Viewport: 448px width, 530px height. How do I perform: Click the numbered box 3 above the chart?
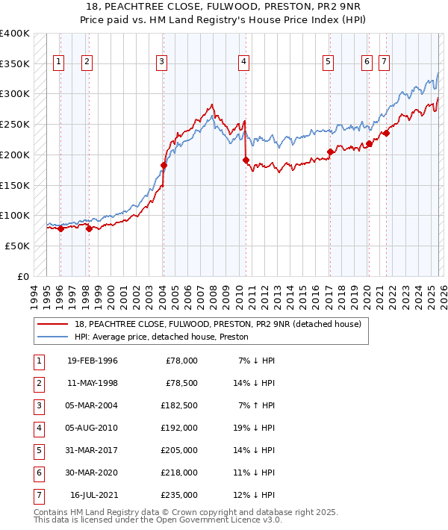[162, 62]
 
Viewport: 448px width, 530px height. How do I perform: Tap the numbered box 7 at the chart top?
[383, 62]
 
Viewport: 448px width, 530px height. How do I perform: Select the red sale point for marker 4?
[245, 160]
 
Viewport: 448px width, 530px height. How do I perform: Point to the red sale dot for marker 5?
[330, 152]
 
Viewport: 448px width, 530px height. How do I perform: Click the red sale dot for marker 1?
[60, 229]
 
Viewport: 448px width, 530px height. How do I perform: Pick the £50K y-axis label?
[18, 246]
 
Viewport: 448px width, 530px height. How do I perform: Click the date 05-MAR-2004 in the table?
[92, 405]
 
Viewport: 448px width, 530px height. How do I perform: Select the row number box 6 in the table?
[38, 473]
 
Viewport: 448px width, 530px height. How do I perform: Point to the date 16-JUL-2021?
[93, 495]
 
